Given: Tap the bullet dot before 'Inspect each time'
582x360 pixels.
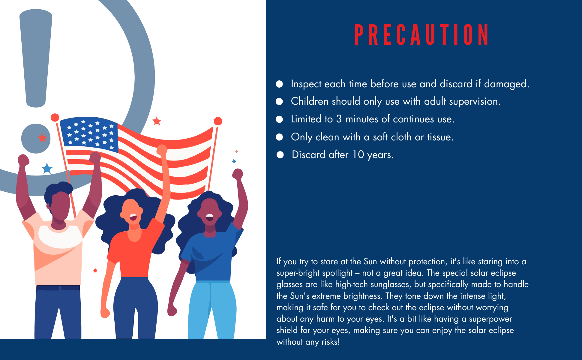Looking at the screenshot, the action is point(279,84).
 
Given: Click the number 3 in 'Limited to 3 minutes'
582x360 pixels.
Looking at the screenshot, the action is point(339,119).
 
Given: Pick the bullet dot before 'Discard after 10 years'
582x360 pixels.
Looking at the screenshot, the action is point(280,155).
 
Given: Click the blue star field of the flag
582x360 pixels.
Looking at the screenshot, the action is point(89,134).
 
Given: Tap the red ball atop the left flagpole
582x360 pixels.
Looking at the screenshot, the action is point(55,118).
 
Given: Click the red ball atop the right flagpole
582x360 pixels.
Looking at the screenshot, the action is point(218,121).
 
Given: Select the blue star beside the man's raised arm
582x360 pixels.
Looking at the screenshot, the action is point(47,168).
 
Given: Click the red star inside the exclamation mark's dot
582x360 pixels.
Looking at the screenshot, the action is point(42,138).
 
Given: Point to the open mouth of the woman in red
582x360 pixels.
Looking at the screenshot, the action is point(133,217).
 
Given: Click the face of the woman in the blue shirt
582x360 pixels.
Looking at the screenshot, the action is point(210,211).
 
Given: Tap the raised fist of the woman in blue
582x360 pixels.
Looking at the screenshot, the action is point(238,174).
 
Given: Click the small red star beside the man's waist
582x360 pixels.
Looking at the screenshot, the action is point(95,270).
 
